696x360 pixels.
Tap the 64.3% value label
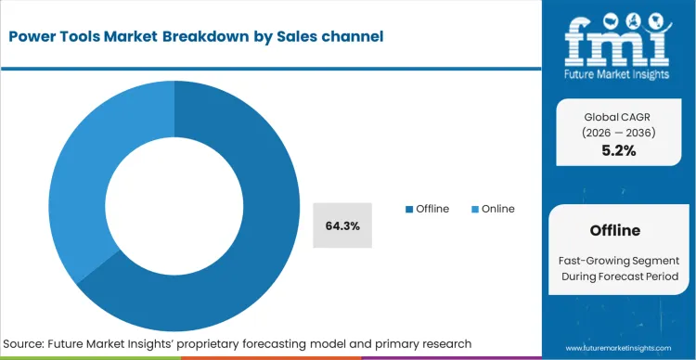pos(342,225)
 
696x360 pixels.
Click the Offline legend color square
pos(408,209)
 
